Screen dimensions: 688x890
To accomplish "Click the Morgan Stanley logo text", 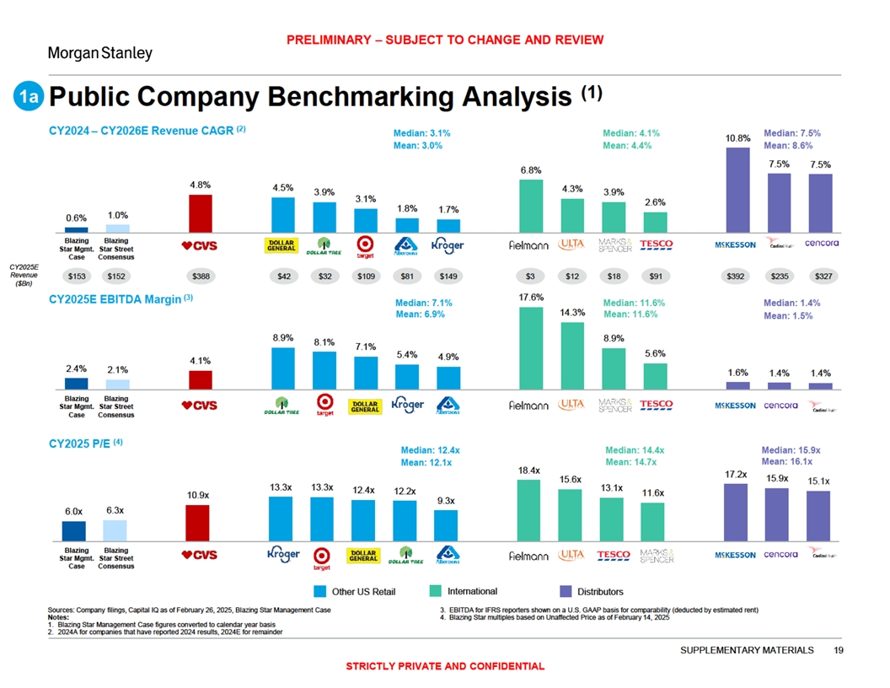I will tap(99, 53).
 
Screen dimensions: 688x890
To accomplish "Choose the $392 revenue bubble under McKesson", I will tap(737, 275).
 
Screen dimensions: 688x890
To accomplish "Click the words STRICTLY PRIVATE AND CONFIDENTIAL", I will tap(445, 667).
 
